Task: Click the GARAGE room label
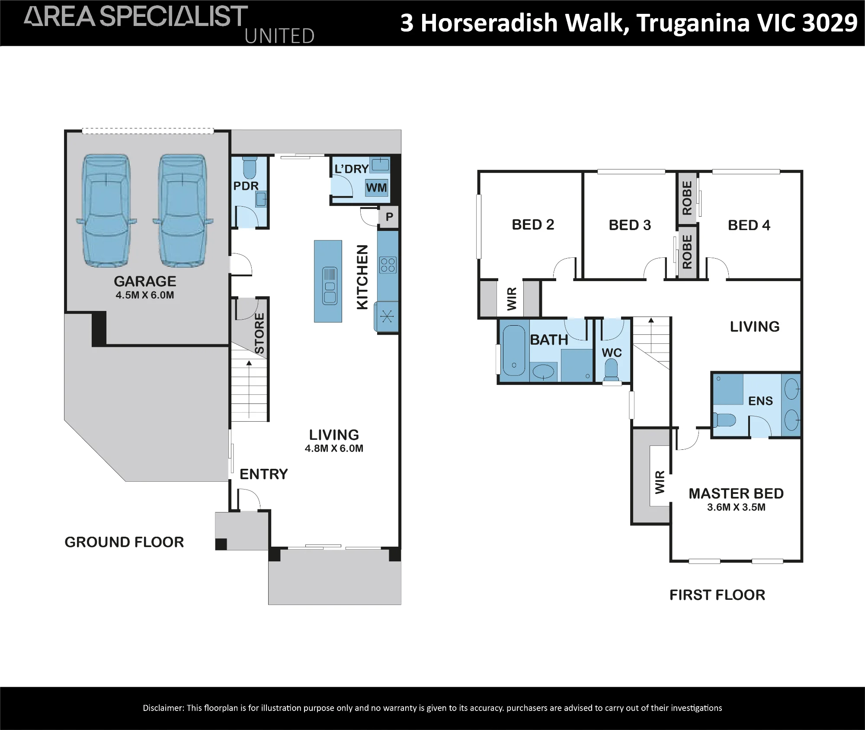(x=145, y=282)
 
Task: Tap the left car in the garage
(x=106, y=211)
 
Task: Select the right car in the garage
(x=183, y=211)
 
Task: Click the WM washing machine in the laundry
(x=376, y=188)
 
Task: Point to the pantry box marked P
(x=389, y=217)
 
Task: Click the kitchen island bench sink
(x=330, y=286)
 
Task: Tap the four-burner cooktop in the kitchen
(x=387, y=265)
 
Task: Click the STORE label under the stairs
(x=259, y=333)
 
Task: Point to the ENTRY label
(x=264, y=474)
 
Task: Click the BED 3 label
(x=630, y=225)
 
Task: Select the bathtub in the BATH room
(x=514, y=350)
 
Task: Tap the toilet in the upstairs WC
(x=611, y=371)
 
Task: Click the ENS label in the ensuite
(x=760, y=401)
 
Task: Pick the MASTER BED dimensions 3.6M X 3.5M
(x=736, y=507)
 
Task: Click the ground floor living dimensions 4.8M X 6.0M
(x=334, y=448)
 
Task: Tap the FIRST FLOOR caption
(x=717, y=595)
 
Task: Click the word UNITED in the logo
(x=279, y=36)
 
